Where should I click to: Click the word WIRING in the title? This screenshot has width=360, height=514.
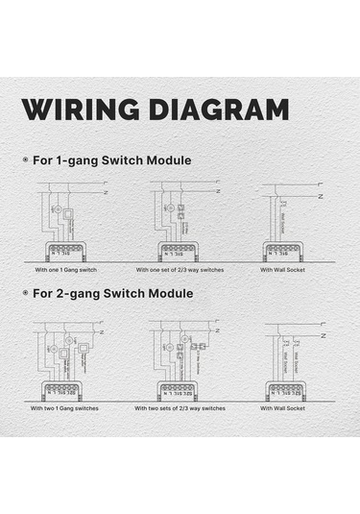coord(77,109)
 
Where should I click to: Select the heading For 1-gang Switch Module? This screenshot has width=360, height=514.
coord(114,159)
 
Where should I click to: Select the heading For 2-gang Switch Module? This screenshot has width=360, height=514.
coord(114,292)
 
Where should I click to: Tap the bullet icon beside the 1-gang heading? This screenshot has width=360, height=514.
coord(25,159)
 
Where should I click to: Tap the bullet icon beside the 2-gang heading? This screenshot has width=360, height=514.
coord(25,292)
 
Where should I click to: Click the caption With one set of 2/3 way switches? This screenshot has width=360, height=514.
coord(180,270)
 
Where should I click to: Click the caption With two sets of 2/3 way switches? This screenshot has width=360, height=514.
coord(180,408)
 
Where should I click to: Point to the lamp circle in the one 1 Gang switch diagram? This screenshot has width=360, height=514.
coord(56,208)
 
